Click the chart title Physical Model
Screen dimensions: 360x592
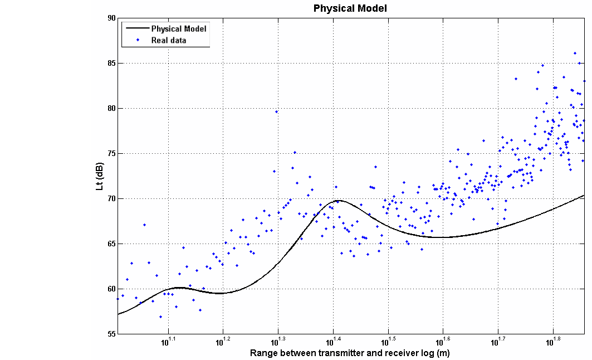coord(350,8)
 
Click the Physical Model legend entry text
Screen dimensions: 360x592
coord(179,28)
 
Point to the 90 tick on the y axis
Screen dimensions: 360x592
coord(111,18)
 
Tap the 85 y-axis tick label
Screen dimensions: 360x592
coord(111,64)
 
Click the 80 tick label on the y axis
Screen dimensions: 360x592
coord(111,109)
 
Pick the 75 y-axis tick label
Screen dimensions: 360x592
coord(111,154)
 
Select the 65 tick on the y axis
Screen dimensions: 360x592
coord(111,244)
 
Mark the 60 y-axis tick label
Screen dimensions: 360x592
coord(111,289)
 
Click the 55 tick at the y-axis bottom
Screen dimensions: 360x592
coord(111,334)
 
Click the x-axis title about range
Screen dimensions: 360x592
coord(350,353)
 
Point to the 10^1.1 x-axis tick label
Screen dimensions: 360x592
coord(168,342)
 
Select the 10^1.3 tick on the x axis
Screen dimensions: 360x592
coord(278,342)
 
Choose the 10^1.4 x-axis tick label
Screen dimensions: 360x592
coord(333,342)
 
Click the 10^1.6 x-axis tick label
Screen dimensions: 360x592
coord(443,342)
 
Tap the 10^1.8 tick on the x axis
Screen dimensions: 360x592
coord(552,342)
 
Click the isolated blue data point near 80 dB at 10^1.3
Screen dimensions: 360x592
coord(276,111)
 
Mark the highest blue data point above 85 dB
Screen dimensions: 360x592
coord(575,53)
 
